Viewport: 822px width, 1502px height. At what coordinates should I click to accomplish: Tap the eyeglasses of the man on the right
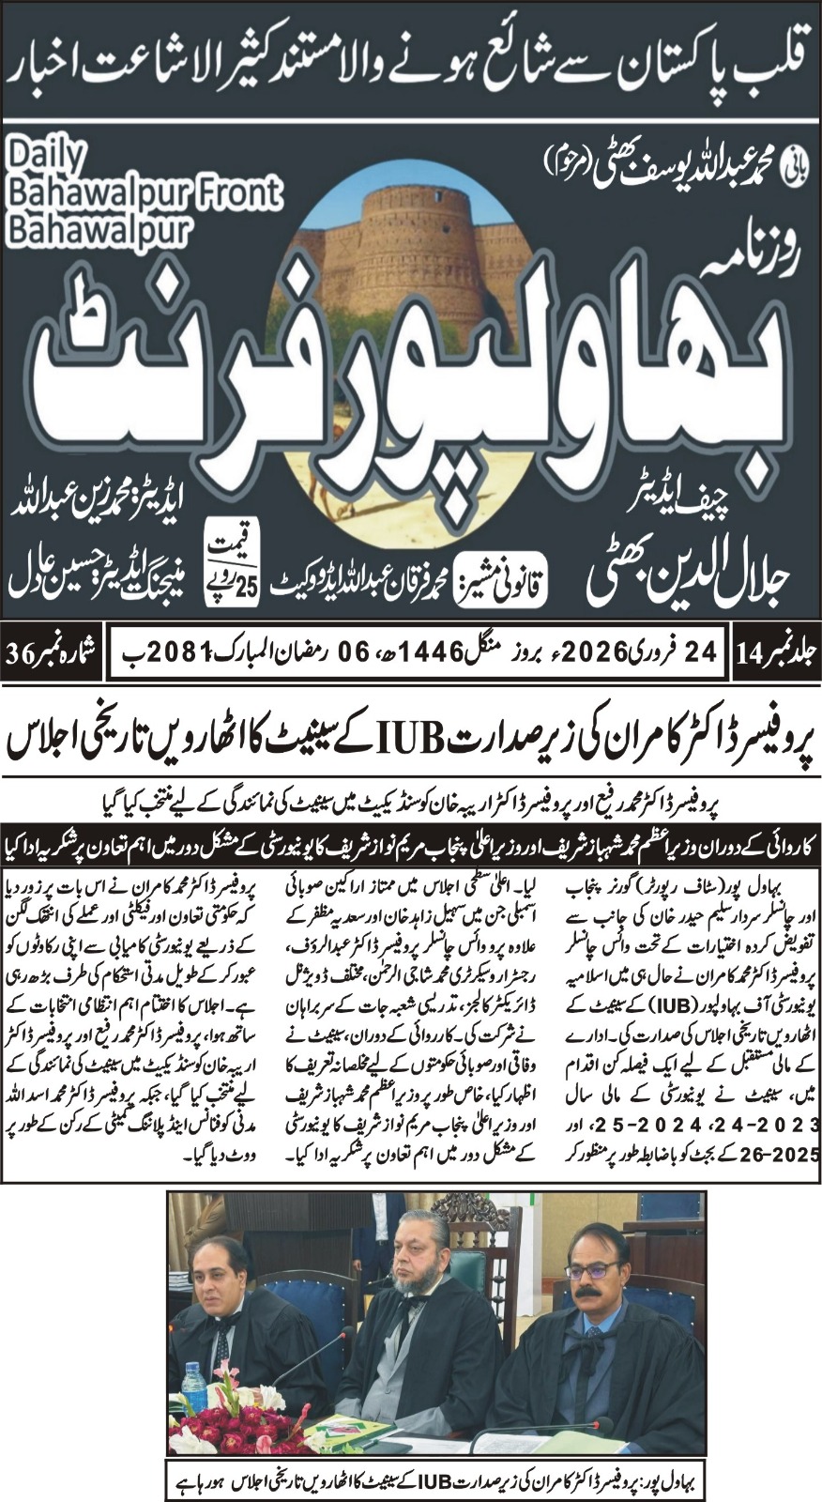tap(592, 1269)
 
